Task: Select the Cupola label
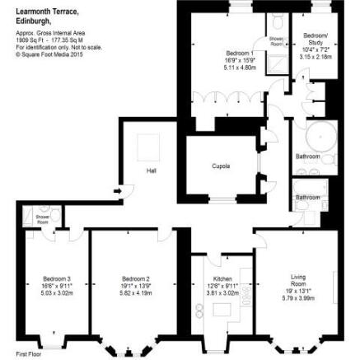221,166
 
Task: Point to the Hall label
151,171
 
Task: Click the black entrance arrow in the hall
119,192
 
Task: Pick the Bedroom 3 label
57,278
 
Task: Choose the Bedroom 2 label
135,278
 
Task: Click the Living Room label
297,280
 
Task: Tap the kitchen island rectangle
221,311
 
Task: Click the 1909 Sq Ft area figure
28,39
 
